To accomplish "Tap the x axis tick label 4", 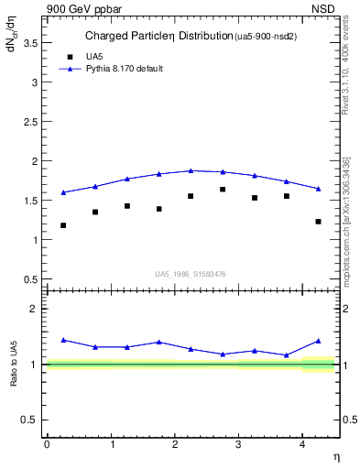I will click(303, 444).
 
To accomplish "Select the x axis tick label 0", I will click(47, 444).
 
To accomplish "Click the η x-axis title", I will click(335, 456).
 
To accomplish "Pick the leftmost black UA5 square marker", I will click(63, 225).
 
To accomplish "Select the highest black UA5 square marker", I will click(223, 190).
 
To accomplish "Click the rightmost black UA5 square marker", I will click(318, 222).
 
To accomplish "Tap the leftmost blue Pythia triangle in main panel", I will click(63, 192).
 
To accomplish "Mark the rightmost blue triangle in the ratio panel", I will click(318, 341).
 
